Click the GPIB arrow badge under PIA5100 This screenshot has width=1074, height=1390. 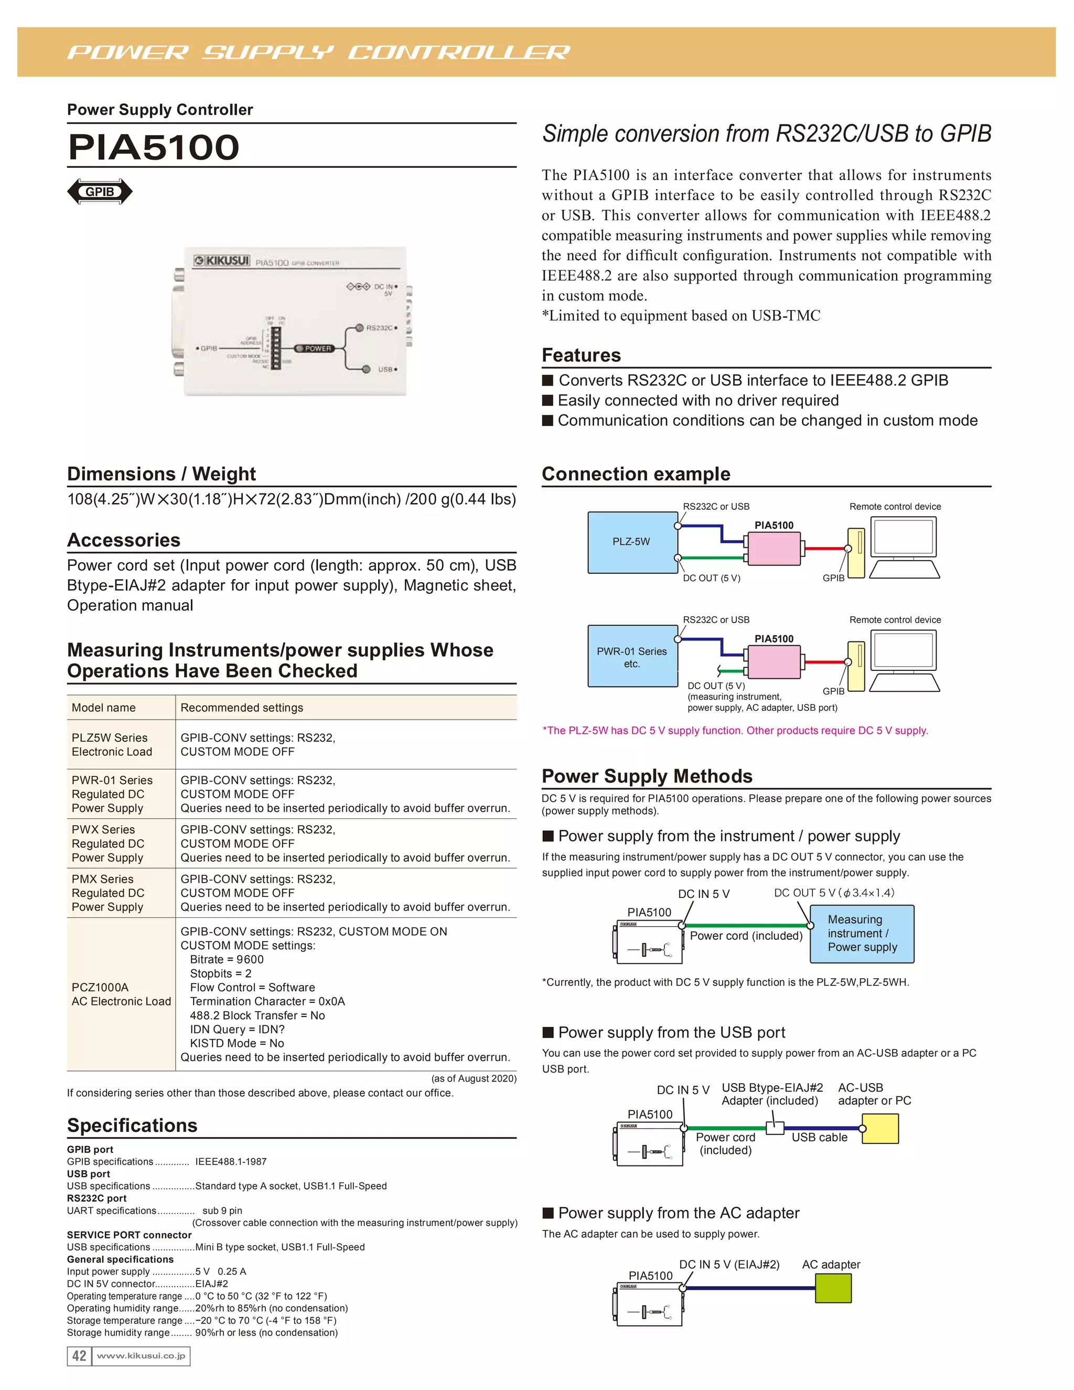tap(100, 191)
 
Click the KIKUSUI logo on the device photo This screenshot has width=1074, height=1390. tap(221, 261)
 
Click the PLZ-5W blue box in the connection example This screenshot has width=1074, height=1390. tap(632, 542)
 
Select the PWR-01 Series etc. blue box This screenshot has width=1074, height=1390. tap(632, 657)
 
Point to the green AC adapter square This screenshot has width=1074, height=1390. tap(833, 1289)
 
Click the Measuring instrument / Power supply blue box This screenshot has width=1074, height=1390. tap(862, 933)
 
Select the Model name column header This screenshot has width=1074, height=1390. tap(104, 708)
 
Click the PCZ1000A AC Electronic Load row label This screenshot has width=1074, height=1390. tap(121, 994)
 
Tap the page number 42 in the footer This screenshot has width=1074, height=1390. tap(79, 1355)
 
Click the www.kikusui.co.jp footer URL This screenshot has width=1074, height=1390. tap(141, 1355)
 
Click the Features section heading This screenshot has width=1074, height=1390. tap(581, 355)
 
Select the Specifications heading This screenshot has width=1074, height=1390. tap(132, 1125)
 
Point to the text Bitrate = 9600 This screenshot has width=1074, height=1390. tap(227, 959)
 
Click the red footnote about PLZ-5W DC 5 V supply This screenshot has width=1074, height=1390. tap(735, 731)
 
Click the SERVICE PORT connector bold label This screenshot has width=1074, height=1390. tap(129, 1235)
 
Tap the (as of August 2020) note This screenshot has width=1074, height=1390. tap(474, 1078)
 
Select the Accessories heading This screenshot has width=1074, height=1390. tap(124, 540)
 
